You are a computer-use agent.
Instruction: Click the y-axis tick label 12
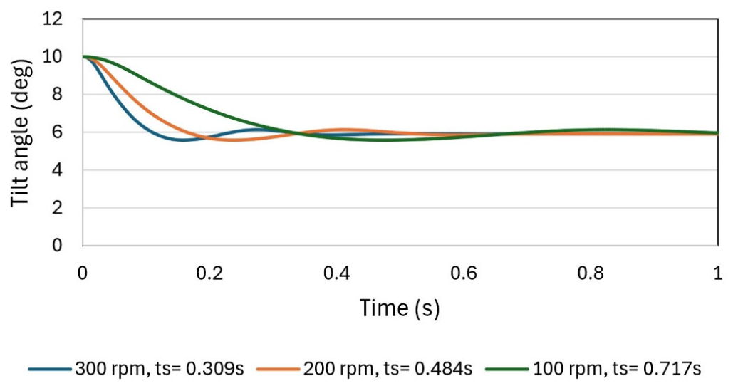tap(53, 19)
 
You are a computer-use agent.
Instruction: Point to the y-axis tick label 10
tap(53, 57)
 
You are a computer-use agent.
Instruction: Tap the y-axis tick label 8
tap(57, 95)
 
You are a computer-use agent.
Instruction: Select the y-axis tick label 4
tap(57, 170)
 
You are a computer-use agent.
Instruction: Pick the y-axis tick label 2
tap(57, 207)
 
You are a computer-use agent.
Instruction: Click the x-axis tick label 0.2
tap(209, 273)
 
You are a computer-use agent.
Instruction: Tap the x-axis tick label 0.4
tap(336, 273)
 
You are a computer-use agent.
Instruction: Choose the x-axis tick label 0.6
tap(464, 273)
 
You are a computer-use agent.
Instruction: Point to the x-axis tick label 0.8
tap(591, 273)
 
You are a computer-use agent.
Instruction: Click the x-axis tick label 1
tap(718, 273)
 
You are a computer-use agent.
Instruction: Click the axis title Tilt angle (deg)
tap(21, 132)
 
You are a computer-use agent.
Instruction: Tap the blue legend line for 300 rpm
tap(49, 369)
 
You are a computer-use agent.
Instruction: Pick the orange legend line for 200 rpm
tap(278, 369)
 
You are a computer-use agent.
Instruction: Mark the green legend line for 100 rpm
tap(508, 369)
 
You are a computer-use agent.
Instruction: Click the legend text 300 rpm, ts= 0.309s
tap(160, 369)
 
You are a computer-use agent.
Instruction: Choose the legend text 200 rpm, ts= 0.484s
tap(388, 369)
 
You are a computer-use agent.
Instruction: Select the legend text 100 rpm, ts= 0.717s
tap(617, 369)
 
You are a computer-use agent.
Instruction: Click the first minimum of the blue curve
tap(183, 140)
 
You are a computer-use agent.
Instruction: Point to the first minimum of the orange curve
tap(232, 140)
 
